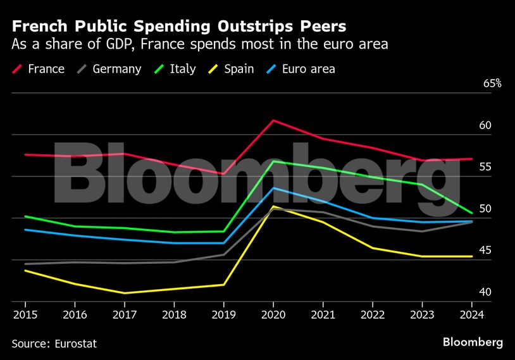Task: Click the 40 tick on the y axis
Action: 485,292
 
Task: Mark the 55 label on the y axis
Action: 485,167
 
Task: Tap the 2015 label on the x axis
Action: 25,313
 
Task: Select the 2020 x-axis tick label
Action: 273,313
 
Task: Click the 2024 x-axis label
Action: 472,313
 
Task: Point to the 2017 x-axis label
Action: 124,313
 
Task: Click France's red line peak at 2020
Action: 273,120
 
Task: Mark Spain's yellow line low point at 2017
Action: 124,293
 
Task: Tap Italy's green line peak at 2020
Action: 273,161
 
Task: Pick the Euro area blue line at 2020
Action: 273,188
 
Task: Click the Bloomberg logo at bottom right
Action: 473,342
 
